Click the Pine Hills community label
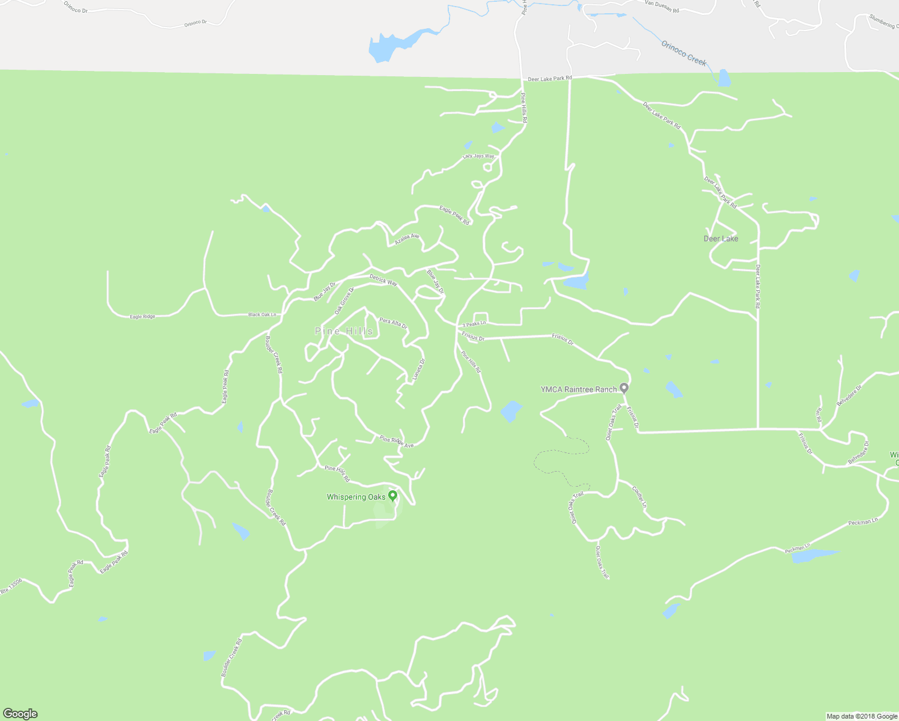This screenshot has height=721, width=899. tap(344, 331)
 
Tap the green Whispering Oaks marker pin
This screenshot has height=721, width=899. tap(392, 496)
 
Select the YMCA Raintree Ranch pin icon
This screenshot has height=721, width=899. tap(624, 388)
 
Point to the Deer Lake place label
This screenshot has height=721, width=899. tap(721, 239)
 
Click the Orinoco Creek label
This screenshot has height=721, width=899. tap(684, 52)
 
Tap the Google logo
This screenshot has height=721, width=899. tap(20, 714)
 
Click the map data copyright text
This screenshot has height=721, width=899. tap(862, 716)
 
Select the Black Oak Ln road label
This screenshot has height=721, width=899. tap(262, 314)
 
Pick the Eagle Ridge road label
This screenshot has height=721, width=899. tap(142, 317)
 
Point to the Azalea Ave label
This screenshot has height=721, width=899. tap(406, 240)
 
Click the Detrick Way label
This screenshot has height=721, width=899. tap(383, 280)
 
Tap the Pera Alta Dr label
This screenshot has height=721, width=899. tap(393, 323)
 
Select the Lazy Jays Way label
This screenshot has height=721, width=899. tap(478, 156)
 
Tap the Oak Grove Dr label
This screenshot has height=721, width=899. tap(344, 300)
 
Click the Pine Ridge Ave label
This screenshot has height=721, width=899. tap(397, 442)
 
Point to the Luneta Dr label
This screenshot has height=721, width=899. tap(419, 370)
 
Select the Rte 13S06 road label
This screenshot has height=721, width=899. tap(11, 586)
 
